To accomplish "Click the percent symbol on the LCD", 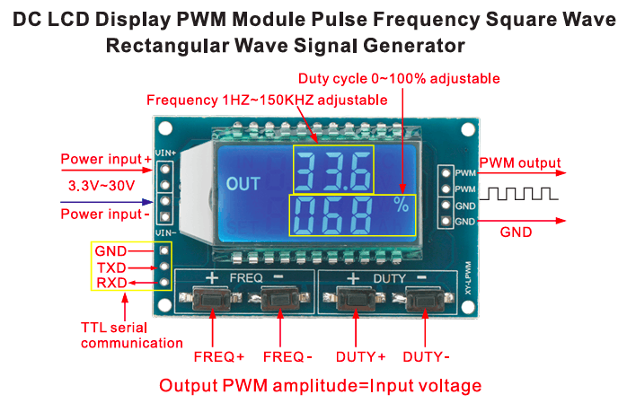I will pyautogui.click(x=399, y=205).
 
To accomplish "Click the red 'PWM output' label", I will pyautogui.click(x=520, y=164).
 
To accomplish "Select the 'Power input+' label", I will pyautogui.click(x=106, y=160).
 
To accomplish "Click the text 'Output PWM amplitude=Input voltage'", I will pyautogui.click(x=320, y=386).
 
